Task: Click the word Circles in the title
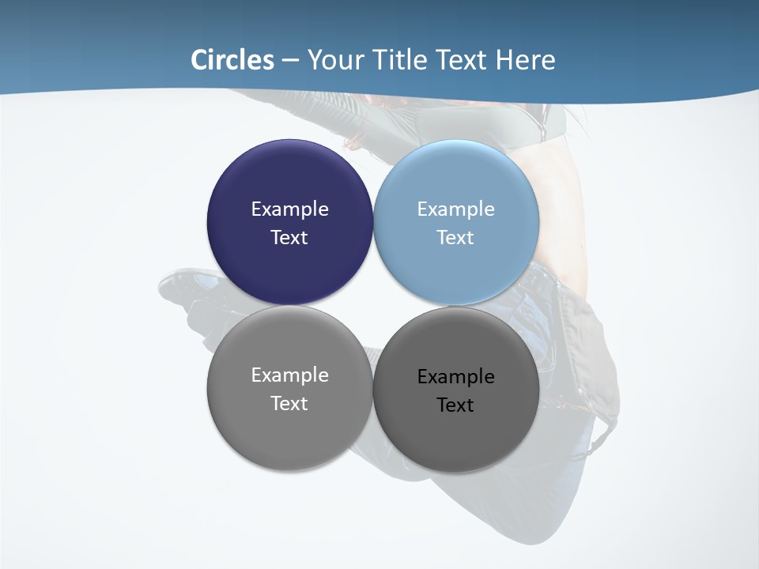click(232, 60)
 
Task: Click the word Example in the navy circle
click(289, 209)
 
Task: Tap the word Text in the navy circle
click(289, 238)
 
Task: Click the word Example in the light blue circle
click(455, 209)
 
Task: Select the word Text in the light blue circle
click(455, 238)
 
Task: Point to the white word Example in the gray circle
click(289, 375)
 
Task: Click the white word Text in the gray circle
click(289, 404)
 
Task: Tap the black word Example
click(455, 377)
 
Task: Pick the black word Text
click(455, 405)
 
